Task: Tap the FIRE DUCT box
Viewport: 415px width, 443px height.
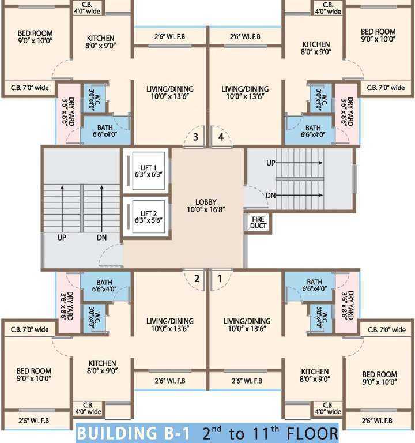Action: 256,223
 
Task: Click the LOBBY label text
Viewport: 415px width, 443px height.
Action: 205,202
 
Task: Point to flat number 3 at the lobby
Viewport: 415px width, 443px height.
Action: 196,137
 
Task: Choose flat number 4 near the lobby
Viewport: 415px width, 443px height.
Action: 221,137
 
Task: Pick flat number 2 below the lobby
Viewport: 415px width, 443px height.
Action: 197,278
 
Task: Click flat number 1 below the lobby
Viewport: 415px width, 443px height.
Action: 220,278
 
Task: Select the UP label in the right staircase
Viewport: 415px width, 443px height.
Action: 271,163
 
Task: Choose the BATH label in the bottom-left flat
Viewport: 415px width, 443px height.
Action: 104,283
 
